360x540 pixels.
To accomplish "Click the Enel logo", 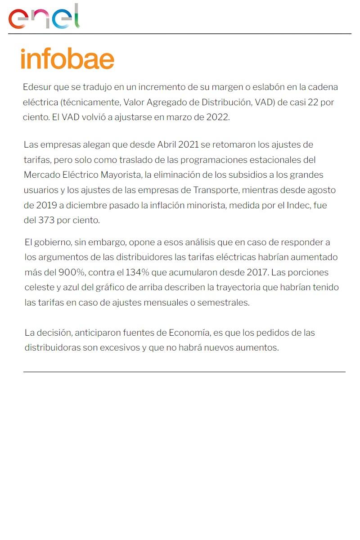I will coord(44,17).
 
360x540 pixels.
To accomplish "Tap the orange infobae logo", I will coord(67,59).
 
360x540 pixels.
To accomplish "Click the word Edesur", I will coord(37,87).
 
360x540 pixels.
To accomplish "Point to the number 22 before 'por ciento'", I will coord(313,102).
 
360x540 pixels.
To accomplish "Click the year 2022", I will coord(218,117).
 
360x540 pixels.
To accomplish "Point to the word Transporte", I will coord(215,190).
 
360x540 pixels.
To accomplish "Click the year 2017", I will coord(258,273).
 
